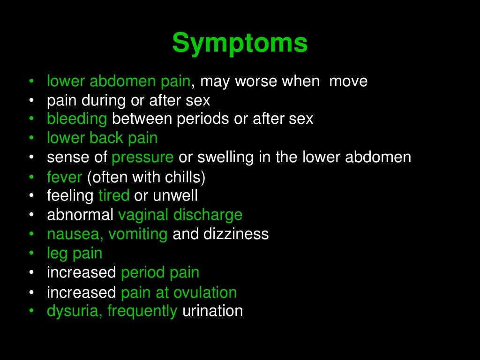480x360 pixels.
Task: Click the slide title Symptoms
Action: click(240, 44)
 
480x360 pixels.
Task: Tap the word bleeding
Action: click(77, 119)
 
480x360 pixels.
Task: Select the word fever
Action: click(65, 178)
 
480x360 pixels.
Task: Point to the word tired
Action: click(114, 195)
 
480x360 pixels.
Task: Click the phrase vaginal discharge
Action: click(180, 215)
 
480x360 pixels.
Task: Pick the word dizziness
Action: click(236, 234)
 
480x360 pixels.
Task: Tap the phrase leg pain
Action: click(75, 254)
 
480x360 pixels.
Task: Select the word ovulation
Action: click(205, 292)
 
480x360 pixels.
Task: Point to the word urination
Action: click(212, 311)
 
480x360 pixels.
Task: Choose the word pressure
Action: click(142, 157)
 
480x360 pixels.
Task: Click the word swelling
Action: click(226, 157)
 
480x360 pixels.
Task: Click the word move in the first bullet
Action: click(348, 82)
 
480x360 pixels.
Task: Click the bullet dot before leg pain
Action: click(31, 254)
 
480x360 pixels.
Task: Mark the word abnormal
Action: click(80, 215)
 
